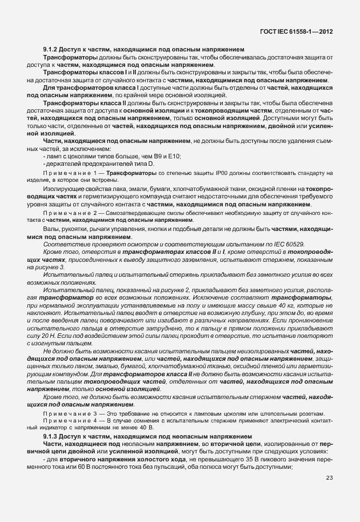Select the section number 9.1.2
point(52,50)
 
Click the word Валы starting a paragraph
point(52,229)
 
